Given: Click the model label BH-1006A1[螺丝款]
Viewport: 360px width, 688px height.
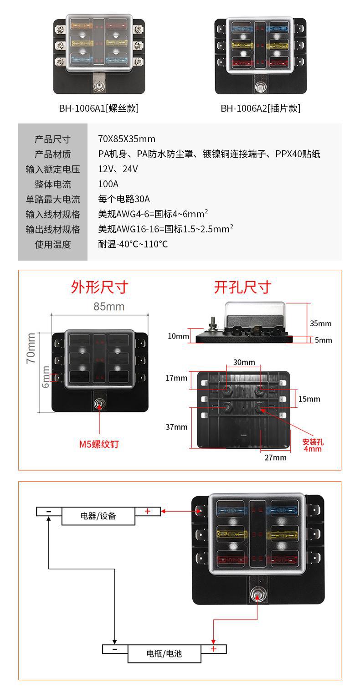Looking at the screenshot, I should click(x=98, y=108).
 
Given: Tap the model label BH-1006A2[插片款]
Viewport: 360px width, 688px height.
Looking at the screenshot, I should click(x=260, y=108).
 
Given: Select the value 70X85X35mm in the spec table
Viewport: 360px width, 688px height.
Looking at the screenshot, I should click(x=127, y=139).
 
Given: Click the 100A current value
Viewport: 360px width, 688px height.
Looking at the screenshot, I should click(x=108, y=184).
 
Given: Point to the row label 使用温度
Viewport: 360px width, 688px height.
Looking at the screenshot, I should click(x=53, y=244).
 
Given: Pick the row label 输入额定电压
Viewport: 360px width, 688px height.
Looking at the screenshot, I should click(x=53, y=169).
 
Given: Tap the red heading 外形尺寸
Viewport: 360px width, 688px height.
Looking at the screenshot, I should click(x=99, y=287).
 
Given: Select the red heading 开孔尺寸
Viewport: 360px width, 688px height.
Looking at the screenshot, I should click(x=242, y=287).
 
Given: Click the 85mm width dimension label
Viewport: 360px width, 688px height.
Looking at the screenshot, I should click(x=109, y=306).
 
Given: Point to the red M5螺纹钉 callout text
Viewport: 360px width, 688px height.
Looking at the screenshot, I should click(x=99, y=444).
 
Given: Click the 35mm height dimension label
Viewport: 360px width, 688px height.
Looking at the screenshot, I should click(x=320, y=323).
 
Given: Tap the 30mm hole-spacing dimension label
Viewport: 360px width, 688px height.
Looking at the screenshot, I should click(x=244, y=362).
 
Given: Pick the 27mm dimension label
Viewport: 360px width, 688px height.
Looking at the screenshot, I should click(x=276, y=457).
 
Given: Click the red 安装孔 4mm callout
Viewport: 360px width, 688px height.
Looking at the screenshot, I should click(x=313, y=445).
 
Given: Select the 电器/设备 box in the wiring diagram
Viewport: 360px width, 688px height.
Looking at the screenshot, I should click(x=98, y=516).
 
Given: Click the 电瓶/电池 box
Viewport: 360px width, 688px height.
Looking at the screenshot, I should click(x=164, y=653).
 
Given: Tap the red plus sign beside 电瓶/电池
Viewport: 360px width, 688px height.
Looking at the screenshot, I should click(x=213, y=649).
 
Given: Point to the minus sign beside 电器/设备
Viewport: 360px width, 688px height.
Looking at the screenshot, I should click(x=49, y=511).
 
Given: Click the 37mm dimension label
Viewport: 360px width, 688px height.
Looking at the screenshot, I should click(x=176, y=427).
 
